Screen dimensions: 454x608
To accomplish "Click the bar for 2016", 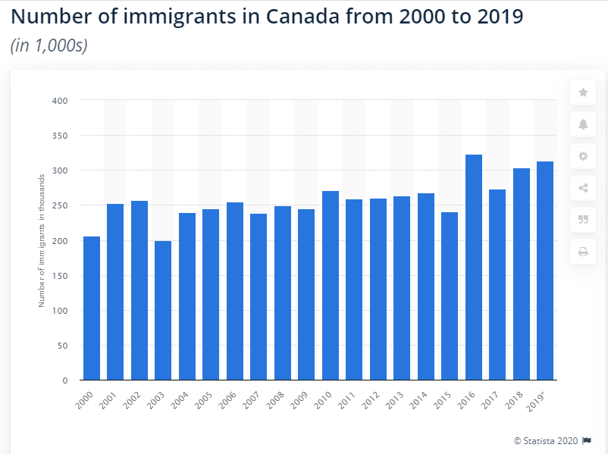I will point(473,267).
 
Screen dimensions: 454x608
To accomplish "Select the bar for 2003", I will point(163,310).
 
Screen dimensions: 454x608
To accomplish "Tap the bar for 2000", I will point(91,308).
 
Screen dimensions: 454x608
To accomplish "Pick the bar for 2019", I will point(545,271).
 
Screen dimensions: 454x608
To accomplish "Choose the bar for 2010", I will point(330,285).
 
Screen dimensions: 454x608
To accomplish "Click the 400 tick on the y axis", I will point(60,101).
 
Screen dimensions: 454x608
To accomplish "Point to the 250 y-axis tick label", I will point(60,205).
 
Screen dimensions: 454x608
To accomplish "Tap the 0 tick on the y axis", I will point(65,380).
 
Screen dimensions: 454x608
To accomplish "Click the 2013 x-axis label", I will point(395,399).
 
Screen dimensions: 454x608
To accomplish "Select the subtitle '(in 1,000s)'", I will point(49,45).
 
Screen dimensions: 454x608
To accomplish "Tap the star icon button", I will point(583,92).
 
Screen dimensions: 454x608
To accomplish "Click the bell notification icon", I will point(583,124).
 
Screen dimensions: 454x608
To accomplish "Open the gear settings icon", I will point(583,156).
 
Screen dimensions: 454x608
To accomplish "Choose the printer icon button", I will point(583,252).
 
